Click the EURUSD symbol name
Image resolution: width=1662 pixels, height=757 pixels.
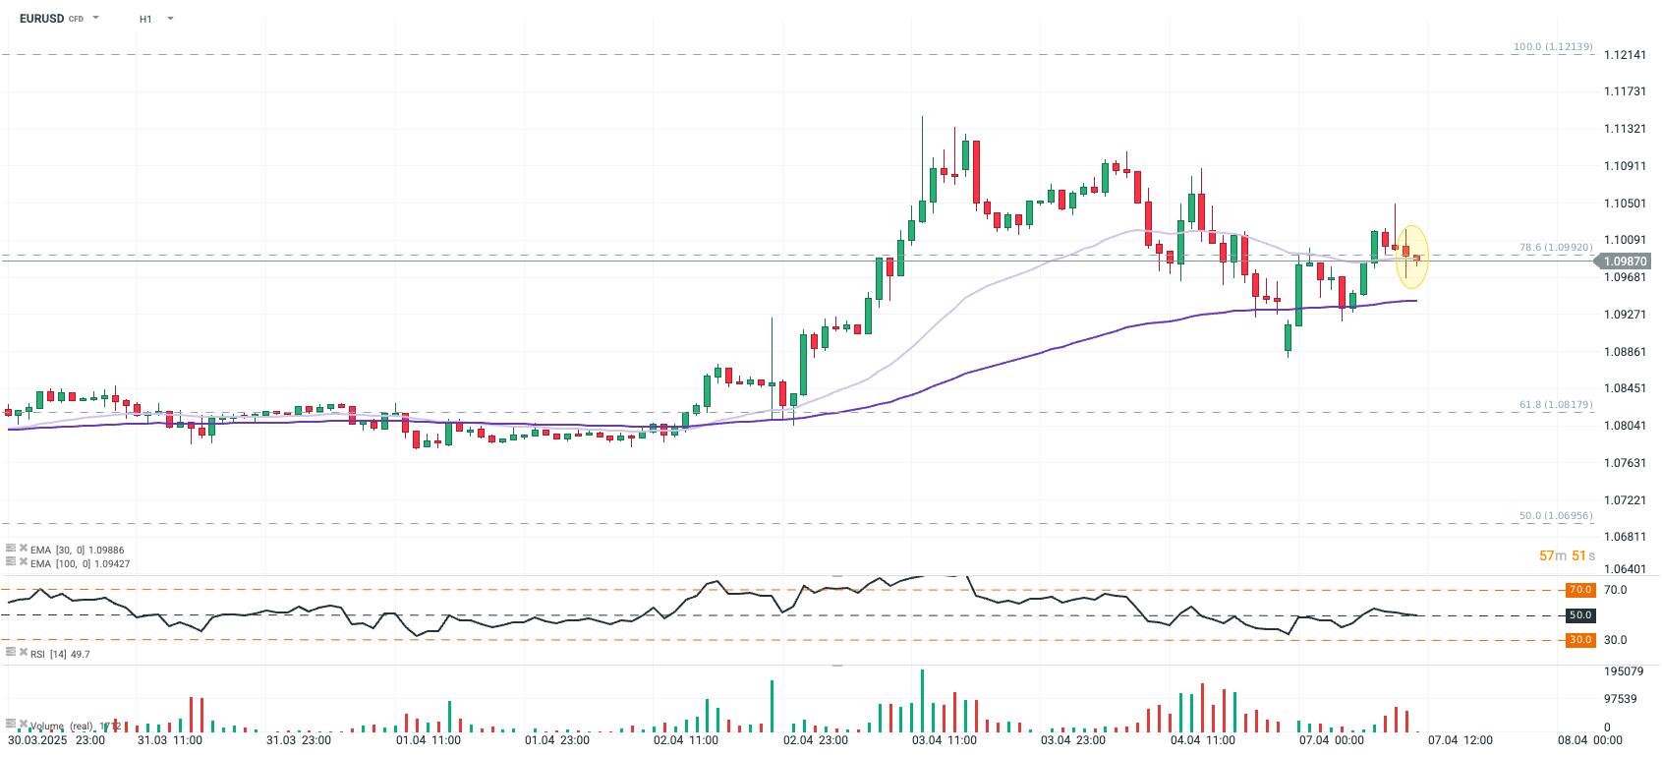pyautogui.click(x=41, y=19)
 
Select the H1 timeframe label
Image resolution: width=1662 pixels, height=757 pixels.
pyautogui.click(x=145, y=19)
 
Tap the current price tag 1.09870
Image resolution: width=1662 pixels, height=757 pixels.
pyautogui.click(x=1624, y=262)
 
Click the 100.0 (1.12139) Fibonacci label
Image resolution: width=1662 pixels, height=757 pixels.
pyautogui.click(x=1552, y=47)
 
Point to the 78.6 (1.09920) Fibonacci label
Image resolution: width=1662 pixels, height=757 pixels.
pyautogui.click(x=1555, y=248)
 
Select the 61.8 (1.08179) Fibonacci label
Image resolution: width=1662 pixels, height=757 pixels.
pyautogui.click(x=1555, y=405)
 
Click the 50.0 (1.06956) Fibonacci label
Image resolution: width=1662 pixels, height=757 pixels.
pyautogui.click(x=1555, y=516)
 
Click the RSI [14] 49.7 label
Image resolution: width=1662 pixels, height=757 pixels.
pyautogui.click(x=59, y=654)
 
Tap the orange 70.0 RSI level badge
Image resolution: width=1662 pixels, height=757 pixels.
pyautogui.click(x=1579, y=590)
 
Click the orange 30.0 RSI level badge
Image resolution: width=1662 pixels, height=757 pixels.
pyautogui.click(x=1579, y=640)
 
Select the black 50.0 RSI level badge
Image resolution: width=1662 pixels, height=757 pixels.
pyautogui.click(x=1579, y=615)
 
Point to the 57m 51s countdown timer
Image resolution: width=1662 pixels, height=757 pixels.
pyautogui.click(x=1567, y=556)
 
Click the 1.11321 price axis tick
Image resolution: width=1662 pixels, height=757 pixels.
pyautogui.click(x=1624, y=129)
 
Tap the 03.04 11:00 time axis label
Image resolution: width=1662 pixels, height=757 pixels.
pyautogui.click(x=944, y=740)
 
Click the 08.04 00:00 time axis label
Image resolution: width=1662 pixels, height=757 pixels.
pyautogui.click(x=1589, y=740)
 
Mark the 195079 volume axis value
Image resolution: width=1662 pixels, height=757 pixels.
pyautogui.click(x=1623, y=671)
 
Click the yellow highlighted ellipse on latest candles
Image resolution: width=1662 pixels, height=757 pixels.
pyautogui.click(x=1411, y=257)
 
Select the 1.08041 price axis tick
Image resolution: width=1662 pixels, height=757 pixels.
pyautogui.click(x=1624, y=426)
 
